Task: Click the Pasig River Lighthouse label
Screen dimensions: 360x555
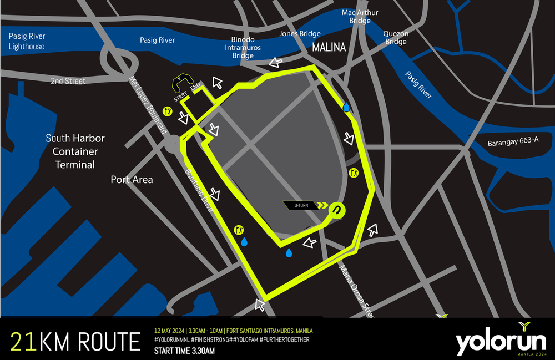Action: click(x=27, y=42)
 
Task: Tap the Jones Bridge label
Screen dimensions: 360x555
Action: click(x=300, y=34)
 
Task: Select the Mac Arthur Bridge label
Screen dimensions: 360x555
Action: click(x=360, y=17)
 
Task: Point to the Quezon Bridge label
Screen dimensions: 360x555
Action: click(x=396, y=38)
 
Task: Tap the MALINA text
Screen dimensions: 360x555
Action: click(x=329, y=48)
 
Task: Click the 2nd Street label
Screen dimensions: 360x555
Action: click(x=68, y=81)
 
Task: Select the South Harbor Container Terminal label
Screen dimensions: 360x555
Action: click(x=75, y=151)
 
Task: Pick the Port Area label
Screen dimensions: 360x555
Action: click(x=132, y=180)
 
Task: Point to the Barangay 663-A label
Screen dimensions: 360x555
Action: click(x=513, y=140)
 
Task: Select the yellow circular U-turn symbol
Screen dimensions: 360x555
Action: click(x=336, y=209)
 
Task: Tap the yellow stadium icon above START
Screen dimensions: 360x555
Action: click(x=181, y=84)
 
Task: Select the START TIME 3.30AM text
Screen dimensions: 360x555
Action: click(x=184, y=351)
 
